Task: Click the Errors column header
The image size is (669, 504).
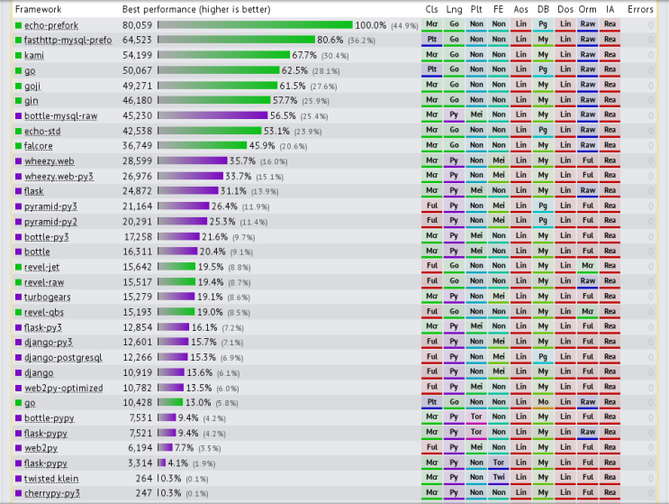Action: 640,9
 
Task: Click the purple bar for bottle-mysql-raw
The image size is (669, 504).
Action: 212,116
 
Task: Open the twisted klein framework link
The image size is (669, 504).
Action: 51,479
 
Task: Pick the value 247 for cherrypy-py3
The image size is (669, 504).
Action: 143,494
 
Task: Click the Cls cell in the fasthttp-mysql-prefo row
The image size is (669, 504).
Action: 431,41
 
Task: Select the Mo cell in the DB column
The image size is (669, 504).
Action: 543,403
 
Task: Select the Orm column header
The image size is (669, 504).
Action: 587,9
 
